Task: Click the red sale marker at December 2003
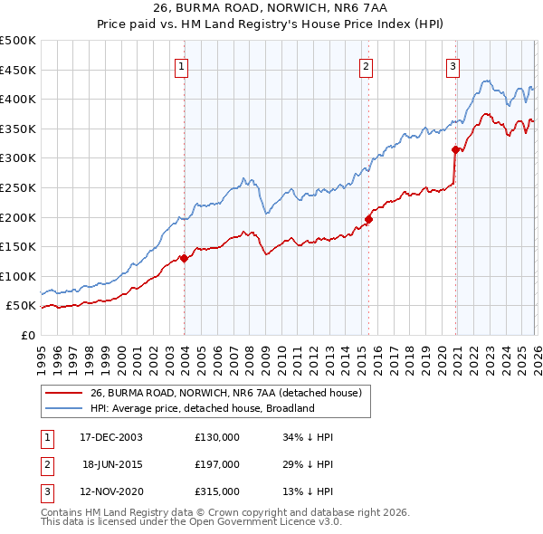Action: [x=184, y=258]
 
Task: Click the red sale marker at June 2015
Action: [x=368, y=218]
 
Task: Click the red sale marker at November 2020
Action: [x=454, y=149]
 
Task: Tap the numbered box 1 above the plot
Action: [x=182, y=65]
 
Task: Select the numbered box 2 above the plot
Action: [x=366, y=65]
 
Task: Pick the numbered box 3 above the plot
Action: [x=452, y=65]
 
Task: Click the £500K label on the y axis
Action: [x=18, y=41]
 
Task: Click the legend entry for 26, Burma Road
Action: [x=226, y=393]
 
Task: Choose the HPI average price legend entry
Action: [x=201, y=408]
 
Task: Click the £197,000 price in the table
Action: [x=217, y=464]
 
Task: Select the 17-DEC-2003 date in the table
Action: [x=111, y=437]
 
